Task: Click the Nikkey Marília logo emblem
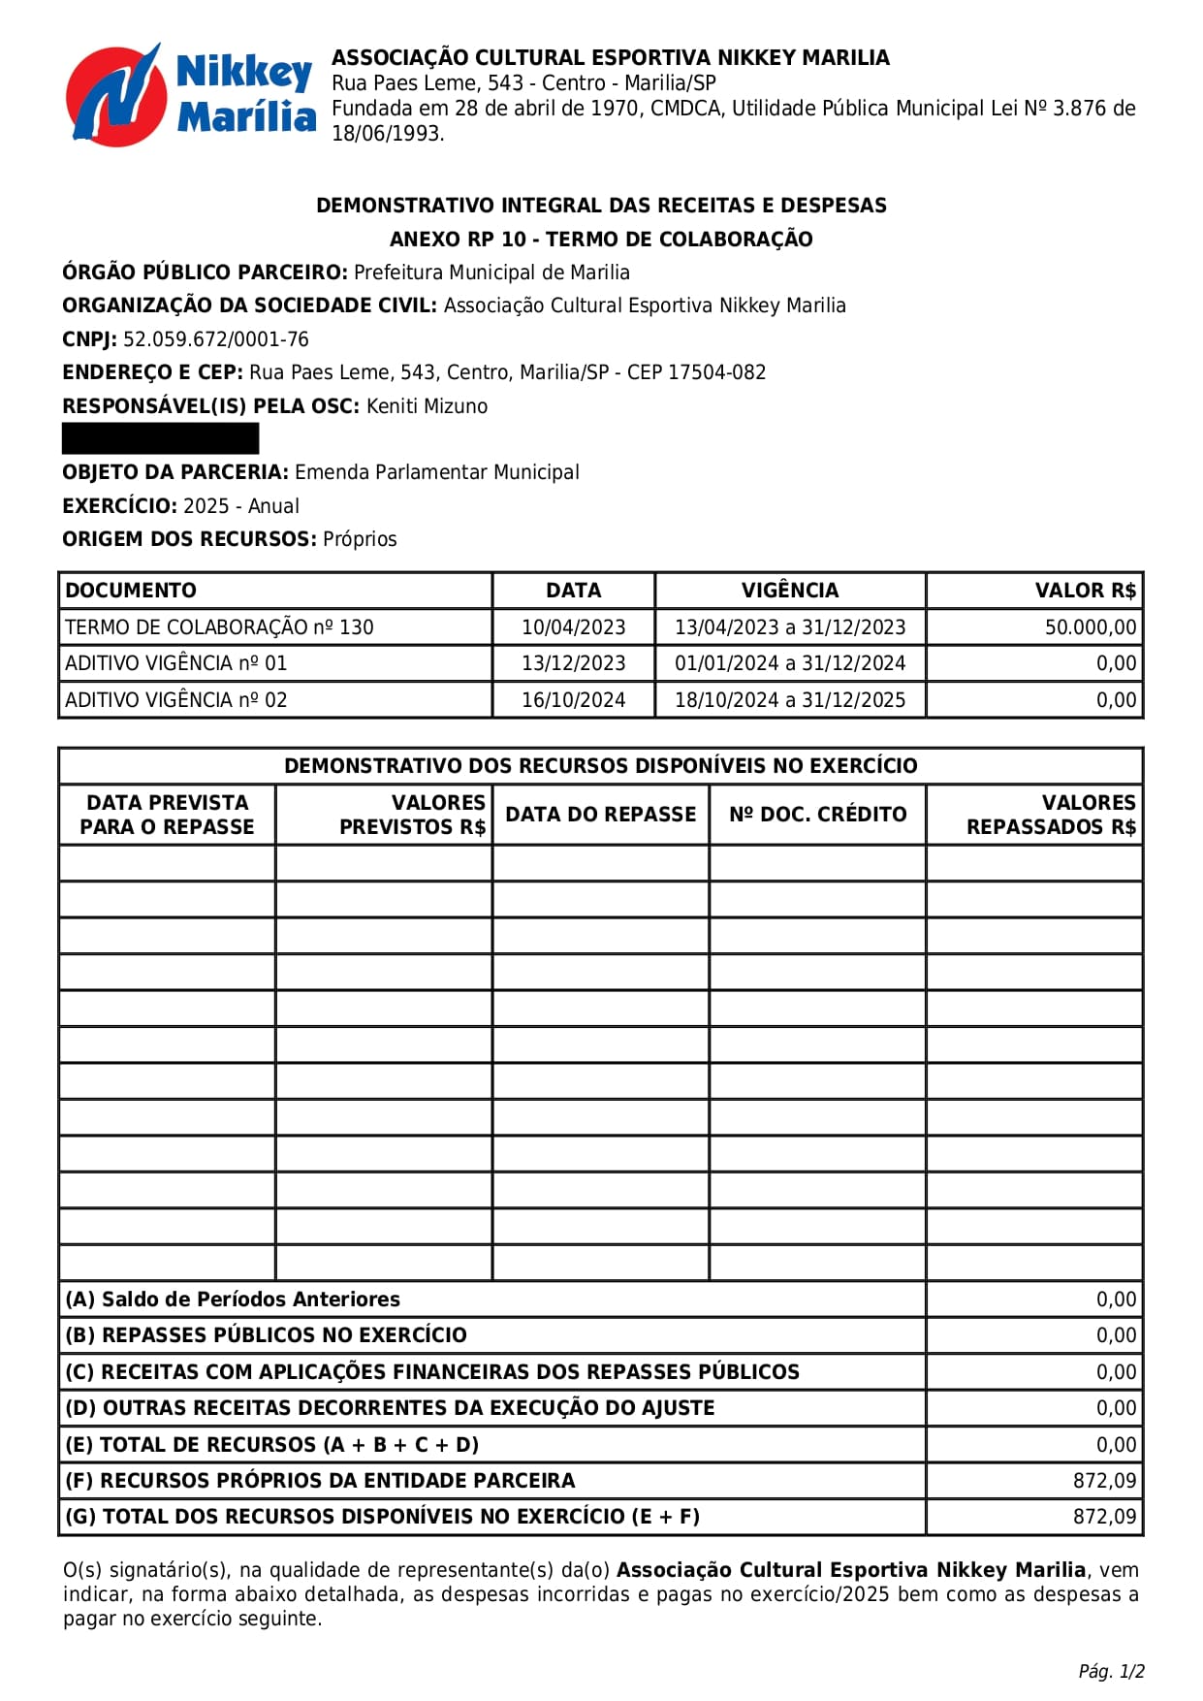coord(113,95)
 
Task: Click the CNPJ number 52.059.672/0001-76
coord(215,339)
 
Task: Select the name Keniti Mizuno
coord(427,406)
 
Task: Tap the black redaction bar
coord(160,438)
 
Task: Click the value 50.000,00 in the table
coord(1090,627)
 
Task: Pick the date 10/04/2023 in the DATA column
coord(573,627)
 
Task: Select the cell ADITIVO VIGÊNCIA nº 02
coord(176,700)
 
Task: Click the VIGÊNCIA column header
coord(789,591)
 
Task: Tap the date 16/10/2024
coord(573,700)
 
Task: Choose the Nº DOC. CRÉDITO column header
coord(817,815)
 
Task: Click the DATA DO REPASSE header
coord(600,815)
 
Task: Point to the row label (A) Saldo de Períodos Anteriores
coord(233,1300)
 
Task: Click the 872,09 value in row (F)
coord(1104,1481)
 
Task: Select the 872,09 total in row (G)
coord(1104,1517)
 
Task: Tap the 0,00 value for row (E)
coord(1116,1445)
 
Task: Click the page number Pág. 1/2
coord(1111,1671)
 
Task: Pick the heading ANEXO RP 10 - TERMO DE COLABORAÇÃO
coord(601,240)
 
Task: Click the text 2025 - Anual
coord(240,506)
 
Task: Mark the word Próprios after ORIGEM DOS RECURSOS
coord(360,539)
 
